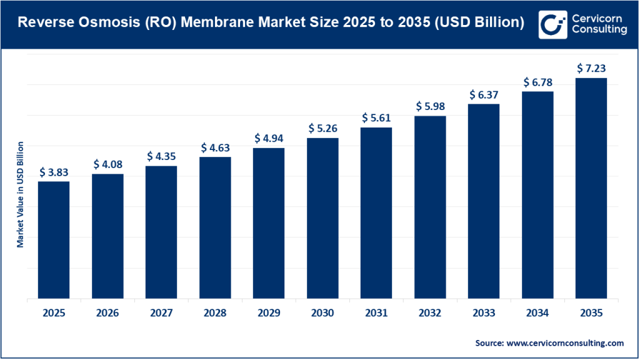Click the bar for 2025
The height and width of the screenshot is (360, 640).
(x=54, y=240)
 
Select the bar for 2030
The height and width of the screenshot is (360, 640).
(x=322, y=218)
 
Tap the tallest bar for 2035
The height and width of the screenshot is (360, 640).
(x=591, y=188)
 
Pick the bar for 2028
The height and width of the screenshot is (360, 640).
(x=215, y=227)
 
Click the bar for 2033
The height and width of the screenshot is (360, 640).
(x=484, y=201)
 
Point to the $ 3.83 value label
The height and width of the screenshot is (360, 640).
(x=54, y=171)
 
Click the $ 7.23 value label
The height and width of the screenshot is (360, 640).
(x=591, y=67)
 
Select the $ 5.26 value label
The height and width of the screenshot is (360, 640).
(x=322, y=128)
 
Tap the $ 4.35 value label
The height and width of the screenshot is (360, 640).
(x=161, y=156)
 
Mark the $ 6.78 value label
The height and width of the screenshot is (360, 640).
(x=537, y=81)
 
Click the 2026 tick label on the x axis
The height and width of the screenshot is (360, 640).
(x=107, y=313)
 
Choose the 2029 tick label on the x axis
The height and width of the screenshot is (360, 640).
(x=269, y=313)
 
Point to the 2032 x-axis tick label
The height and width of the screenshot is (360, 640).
(x=430, y=313)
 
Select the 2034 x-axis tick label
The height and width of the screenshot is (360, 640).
(x=537, y=313)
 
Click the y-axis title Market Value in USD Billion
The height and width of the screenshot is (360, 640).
(x=21, y=194)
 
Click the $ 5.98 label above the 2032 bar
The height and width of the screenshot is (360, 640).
(x=430, y=106)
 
